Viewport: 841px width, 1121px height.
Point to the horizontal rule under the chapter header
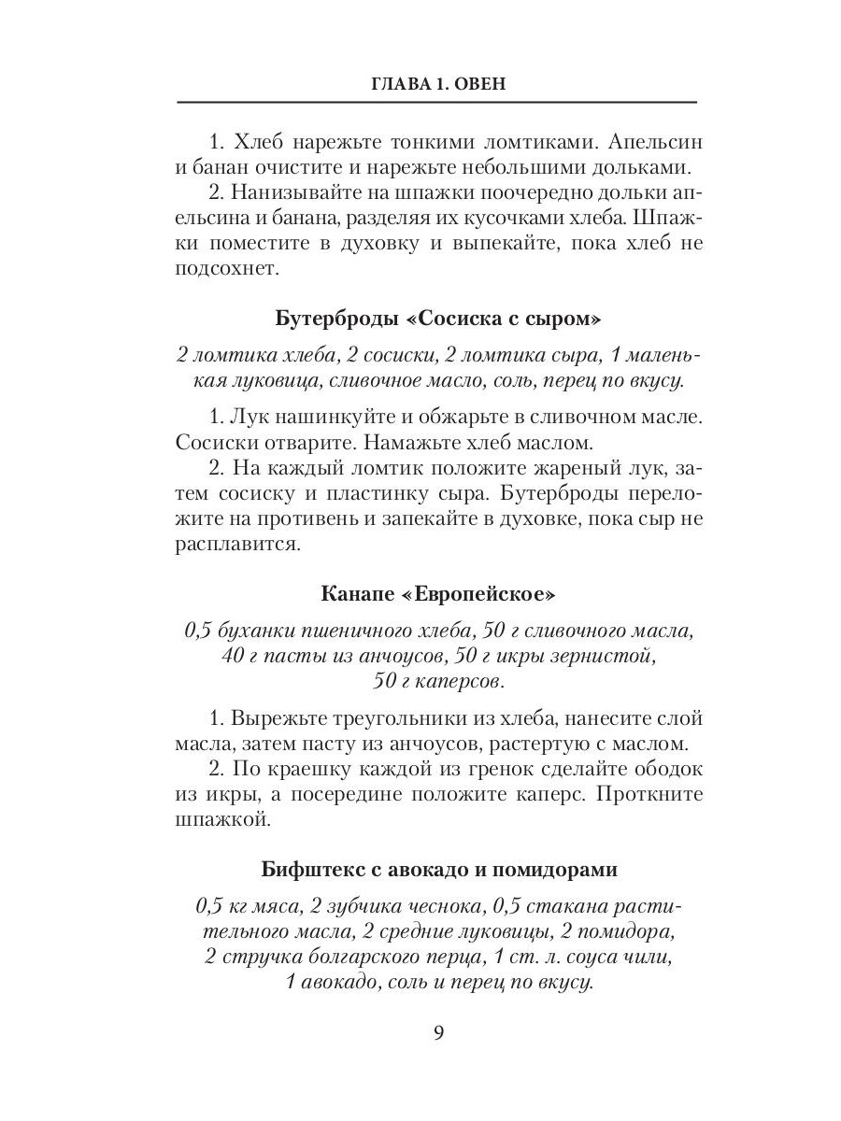[437, 102]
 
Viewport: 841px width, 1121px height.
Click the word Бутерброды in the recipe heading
[334, 319]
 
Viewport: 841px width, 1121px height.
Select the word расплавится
[235, 544]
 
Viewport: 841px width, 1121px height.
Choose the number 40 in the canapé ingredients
[234, 655]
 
